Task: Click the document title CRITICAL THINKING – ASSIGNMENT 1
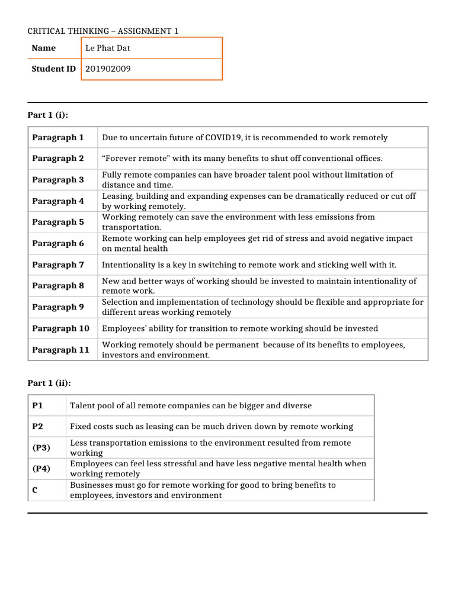tap(102, 31)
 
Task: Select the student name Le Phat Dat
tap(107, 48)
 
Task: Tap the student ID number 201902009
tap(108, 69)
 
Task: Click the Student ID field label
tap(53, 69)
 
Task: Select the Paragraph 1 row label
tap(58, 137)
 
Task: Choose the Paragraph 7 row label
tap(58, 265)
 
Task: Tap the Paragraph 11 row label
tap(60, 350)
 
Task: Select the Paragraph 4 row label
tap(58, 201)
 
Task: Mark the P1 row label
tap(38, 405)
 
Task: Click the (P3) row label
tap(41, 448)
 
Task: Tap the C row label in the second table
tap(35, 490)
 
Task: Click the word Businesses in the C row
tap(92, 485)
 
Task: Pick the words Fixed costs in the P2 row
tap(92, 427)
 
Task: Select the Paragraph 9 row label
tap(58, 307)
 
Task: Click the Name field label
tap(44, 48)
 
